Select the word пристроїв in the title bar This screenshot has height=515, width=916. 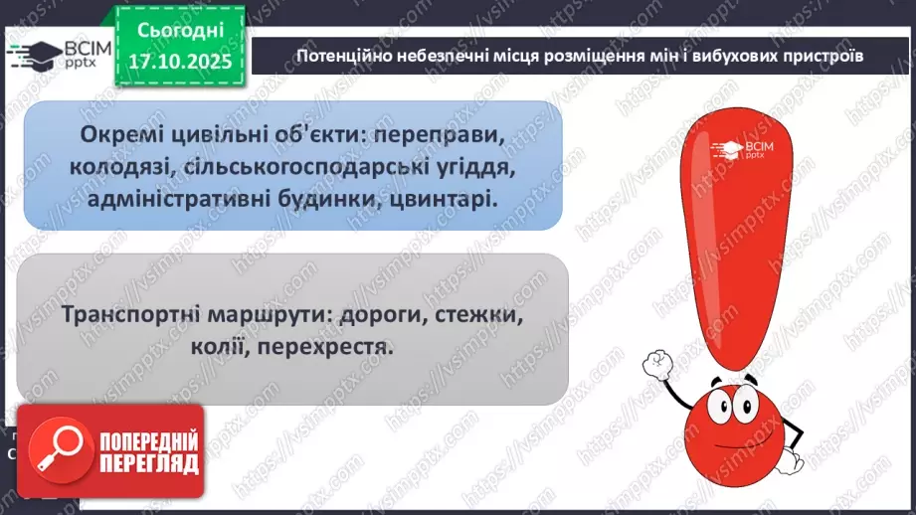tap(823, 56)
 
